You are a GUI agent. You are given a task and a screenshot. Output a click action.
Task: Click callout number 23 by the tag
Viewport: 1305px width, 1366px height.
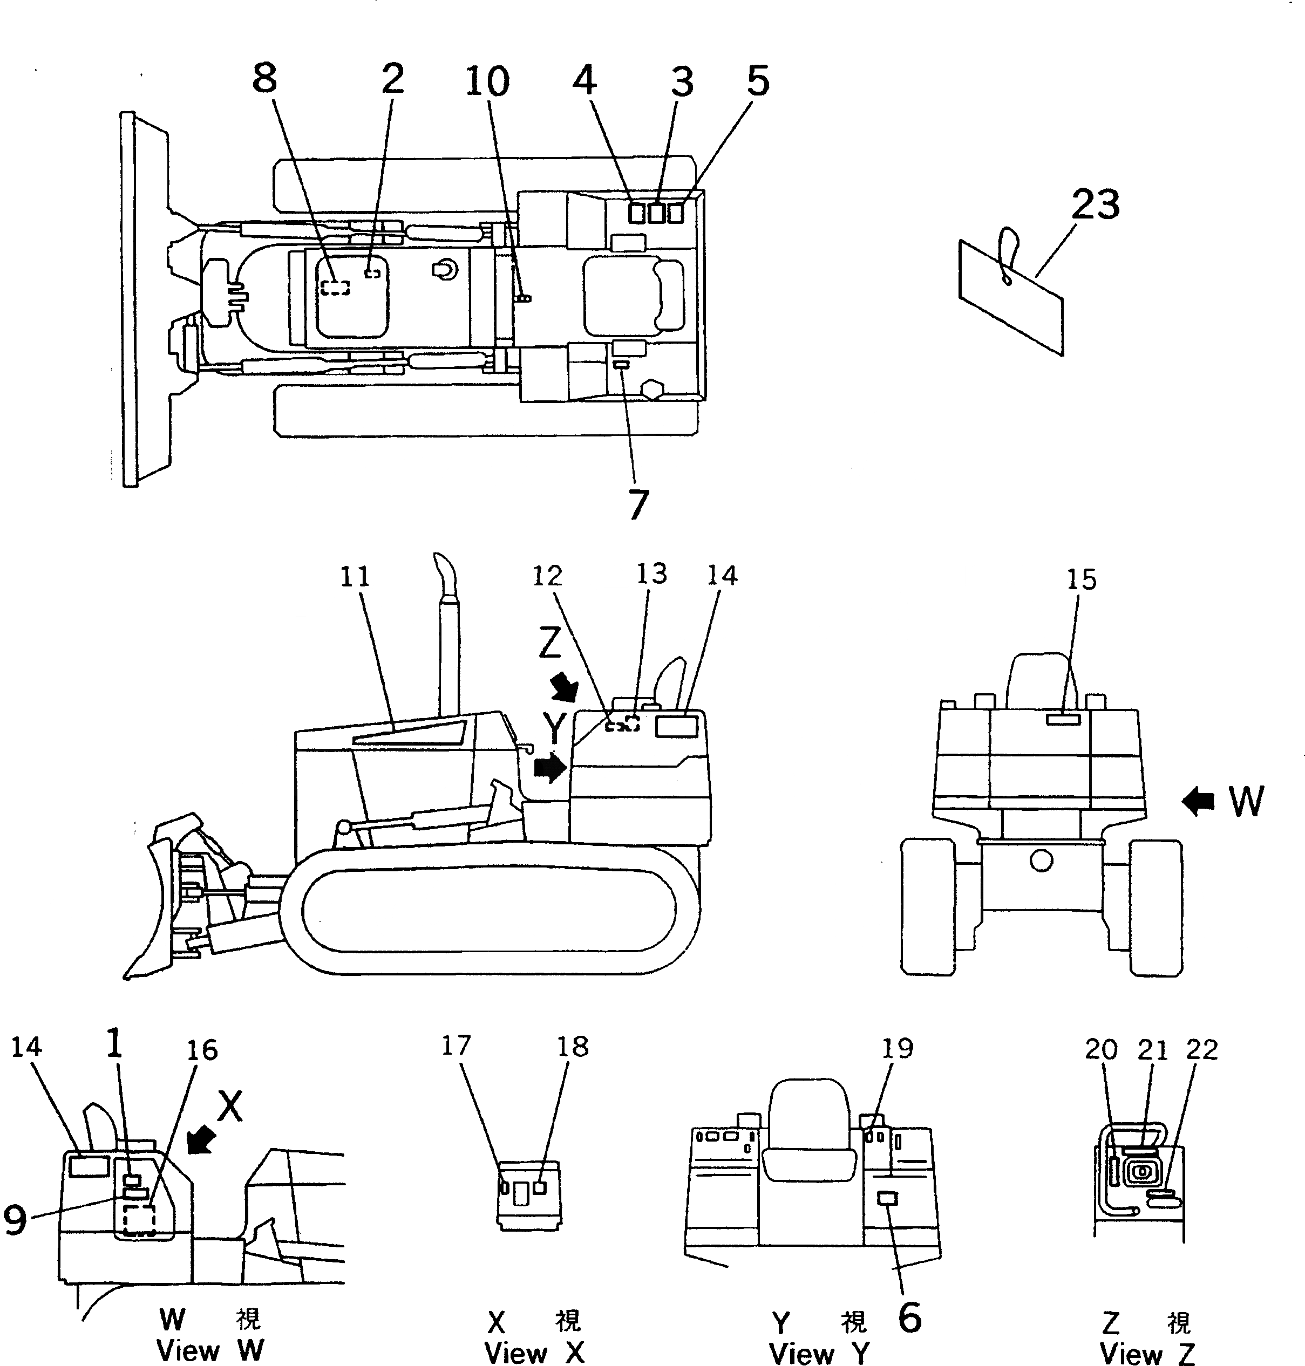coord(1095,204)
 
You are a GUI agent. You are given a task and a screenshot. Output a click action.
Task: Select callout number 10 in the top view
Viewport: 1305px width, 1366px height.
coord(487,82)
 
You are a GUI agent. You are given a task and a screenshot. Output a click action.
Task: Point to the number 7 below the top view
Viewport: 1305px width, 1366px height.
coord(638,504)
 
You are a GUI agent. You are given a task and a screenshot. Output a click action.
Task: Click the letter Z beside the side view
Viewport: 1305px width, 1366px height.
coord(549,644)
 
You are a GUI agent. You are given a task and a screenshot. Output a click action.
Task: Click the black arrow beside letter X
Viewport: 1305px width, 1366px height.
coord(201,1140)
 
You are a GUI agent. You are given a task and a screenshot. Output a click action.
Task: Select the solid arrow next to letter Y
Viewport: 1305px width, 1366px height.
coord(549,768)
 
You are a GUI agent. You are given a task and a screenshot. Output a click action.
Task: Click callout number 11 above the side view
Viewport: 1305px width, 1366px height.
coord(355,577)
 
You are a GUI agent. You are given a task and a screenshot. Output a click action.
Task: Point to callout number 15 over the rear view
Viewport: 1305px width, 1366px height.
coord(1081,579)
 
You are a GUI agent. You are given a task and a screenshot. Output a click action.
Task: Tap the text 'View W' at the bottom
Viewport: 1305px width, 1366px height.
coord(210,1351)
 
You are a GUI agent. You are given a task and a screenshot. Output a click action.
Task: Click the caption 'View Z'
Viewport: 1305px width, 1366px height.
coord(1147,1354)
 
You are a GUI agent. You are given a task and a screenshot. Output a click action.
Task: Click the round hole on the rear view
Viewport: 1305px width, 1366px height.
coord(1041,861)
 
